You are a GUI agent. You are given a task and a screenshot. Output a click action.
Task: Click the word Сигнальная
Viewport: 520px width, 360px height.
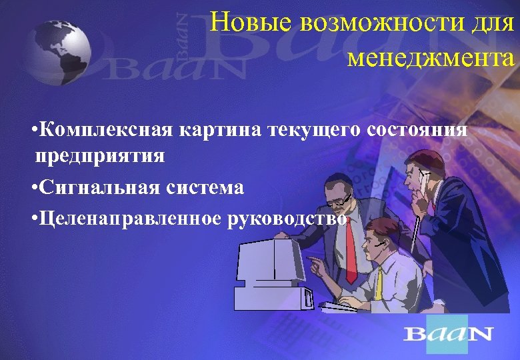(x=97, y=187)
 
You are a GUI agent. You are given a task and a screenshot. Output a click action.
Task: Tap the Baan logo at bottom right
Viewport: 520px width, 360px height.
(x=448, y=333)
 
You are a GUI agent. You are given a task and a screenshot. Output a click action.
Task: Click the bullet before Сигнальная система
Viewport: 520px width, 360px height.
(x=33, y=188)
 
